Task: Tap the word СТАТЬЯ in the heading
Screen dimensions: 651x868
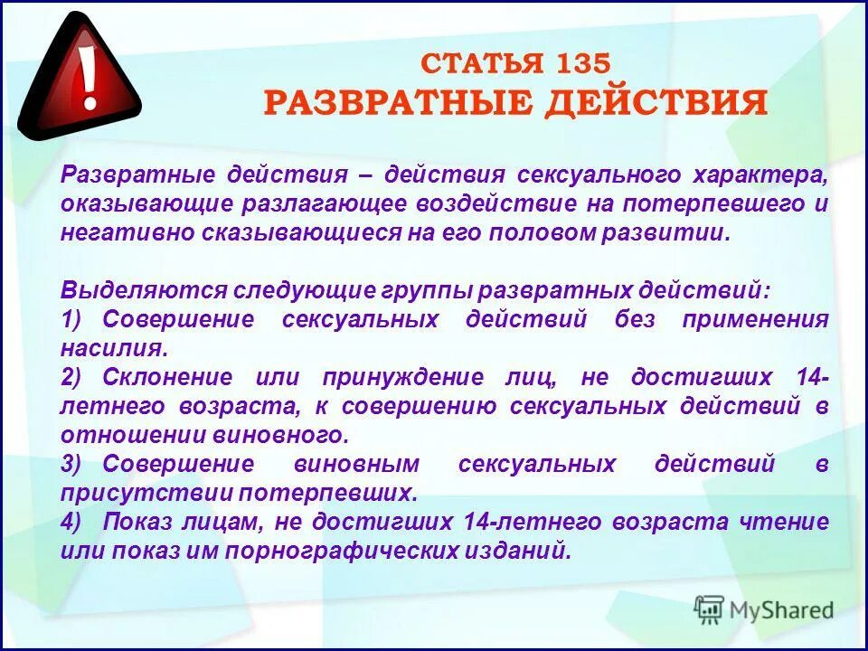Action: (480, 63)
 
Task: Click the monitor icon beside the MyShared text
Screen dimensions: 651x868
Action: (710, 609)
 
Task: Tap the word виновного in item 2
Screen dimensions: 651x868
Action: (283, 435)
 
